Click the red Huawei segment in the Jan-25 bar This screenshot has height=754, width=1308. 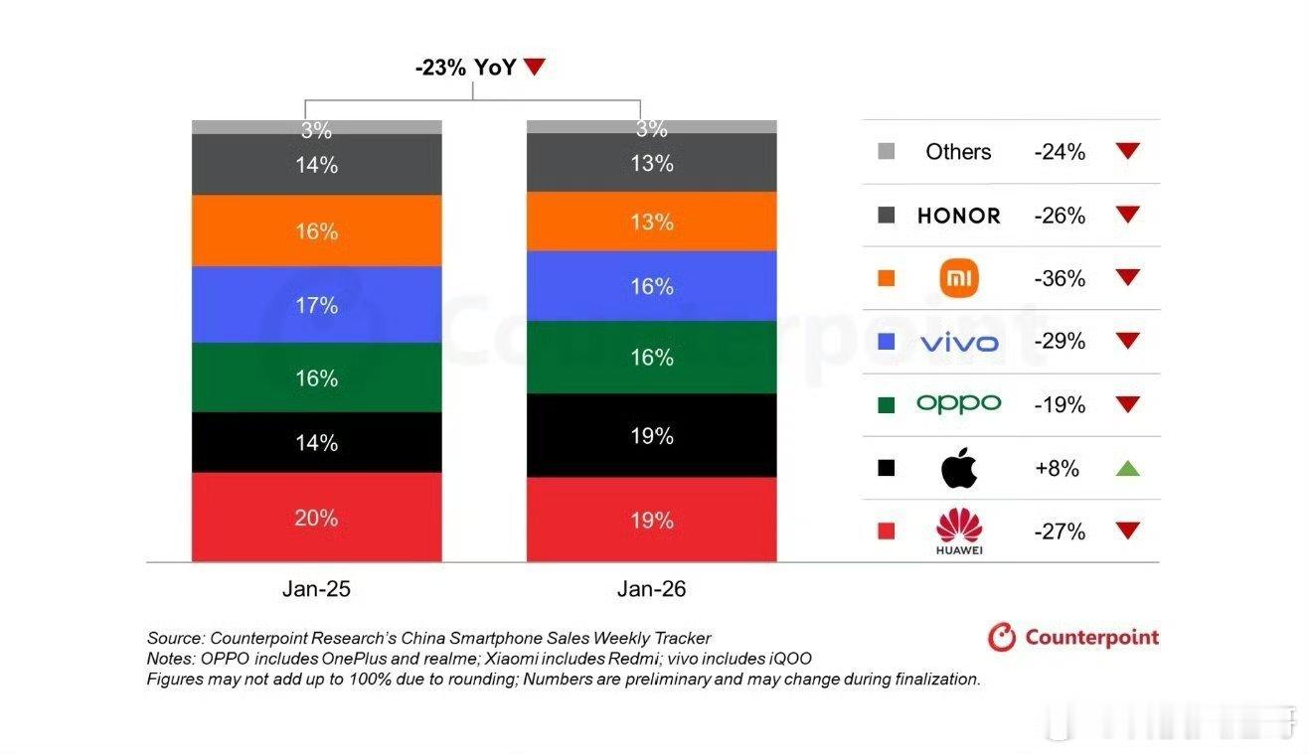tap(316, 517)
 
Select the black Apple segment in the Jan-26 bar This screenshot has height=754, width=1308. tap(651, 435)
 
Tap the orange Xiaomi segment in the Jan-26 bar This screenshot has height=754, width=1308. tap(651, 221)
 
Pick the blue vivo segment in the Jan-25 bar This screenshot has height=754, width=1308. tap(316, 304)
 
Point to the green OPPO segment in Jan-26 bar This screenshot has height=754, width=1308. tap(651, 357)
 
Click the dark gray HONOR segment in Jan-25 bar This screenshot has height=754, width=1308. tap(316, 165)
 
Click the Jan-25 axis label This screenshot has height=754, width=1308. tap(316, 589)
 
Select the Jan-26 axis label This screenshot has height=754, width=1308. tap(651, 589)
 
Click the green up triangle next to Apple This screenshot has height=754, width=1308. tap(1126, 468)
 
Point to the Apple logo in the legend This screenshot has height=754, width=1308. tap(959, 468)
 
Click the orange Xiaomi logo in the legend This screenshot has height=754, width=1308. tap(959, 278)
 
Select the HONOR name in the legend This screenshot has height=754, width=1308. tap(958, 216)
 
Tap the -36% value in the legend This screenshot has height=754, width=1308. tap(1060, 278)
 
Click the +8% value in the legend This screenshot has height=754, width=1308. tap(1057, 468)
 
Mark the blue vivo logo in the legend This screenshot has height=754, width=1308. tap(959, 343)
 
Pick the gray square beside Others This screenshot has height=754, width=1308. tap(886, 152)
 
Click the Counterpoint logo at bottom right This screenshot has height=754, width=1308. tap(1073, 637)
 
